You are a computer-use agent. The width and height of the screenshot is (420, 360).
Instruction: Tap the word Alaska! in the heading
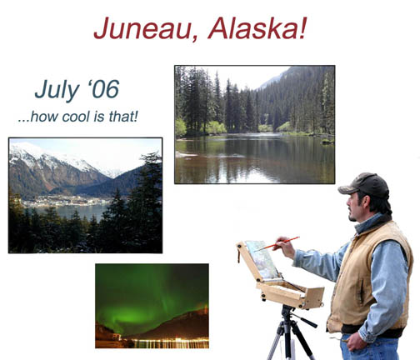click(x=257, y=28)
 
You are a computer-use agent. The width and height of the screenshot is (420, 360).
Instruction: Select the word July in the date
click(x=57, y=90)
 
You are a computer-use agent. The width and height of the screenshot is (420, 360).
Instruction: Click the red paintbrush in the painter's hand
click(x=277, y=243)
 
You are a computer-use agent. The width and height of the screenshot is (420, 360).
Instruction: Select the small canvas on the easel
click(x=262, y=260)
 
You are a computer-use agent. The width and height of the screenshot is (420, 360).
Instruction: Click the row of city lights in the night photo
click(x=170, y=342)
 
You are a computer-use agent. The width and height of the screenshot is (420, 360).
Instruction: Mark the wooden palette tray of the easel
click(x=290, y=294)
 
